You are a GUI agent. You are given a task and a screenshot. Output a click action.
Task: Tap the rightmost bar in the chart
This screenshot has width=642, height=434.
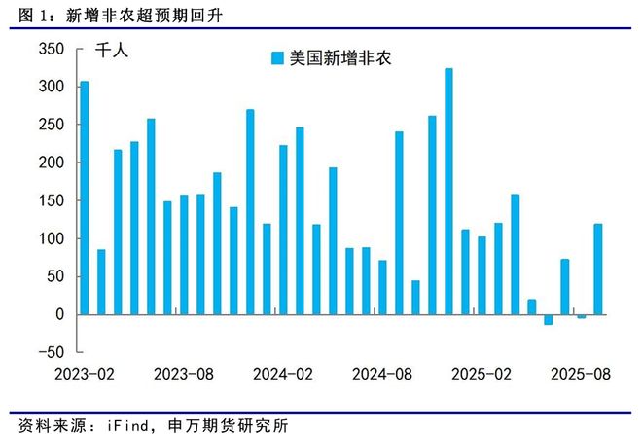tap(597, 270)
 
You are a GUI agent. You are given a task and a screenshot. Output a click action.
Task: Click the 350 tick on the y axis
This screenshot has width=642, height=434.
tap(51, 49)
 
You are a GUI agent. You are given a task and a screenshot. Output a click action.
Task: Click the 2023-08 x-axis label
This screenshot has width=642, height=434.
tap(184, 374)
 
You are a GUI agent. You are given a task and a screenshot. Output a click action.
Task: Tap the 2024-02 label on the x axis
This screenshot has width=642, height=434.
tap(283, 374)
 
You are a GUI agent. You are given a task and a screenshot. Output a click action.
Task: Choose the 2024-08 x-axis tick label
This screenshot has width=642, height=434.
tap(382, 374)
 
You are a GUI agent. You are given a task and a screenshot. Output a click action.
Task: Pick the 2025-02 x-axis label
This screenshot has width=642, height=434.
tap(481, 374)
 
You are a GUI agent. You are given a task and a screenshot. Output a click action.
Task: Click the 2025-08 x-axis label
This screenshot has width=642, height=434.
tap(581, 374)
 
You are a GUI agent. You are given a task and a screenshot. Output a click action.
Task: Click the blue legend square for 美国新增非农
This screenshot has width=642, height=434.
tap(277, 58)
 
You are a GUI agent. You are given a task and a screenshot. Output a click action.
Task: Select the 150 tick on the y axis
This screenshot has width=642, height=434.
tap(51, 200)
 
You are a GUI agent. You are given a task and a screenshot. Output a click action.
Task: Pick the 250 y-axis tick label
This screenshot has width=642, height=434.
tap(51, 125)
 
